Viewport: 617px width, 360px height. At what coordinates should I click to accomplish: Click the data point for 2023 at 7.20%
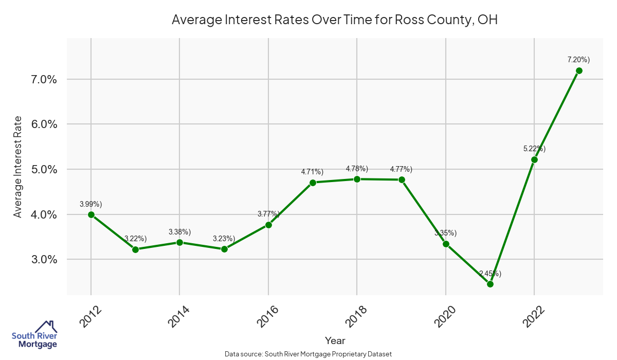[579, 70]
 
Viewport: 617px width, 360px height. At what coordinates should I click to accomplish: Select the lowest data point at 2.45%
[490, 284]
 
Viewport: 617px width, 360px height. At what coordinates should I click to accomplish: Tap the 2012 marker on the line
[91, 214]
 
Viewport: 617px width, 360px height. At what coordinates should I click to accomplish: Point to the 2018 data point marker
[357, 179]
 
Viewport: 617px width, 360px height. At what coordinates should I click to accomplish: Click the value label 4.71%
[312, 171]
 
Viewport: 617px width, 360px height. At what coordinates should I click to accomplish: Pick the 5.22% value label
[534, 149]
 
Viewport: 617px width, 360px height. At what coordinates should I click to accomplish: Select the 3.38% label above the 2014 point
[179, 231]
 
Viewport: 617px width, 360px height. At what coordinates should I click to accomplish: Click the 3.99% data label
[91, 204]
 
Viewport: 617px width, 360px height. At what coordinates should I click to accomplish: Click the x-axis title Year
[335, 340]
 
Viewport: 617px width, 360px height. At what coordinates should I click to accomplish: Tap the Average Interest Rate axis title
[18, 167]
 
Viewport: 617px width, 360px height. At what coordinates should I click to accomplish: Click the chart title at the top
[335, 20]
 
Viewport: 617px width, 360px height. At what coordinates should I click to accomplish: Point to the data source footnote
[308, 354]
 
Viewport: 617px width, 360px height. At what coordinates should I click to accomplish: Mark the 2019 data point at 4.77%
[402, 179]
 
